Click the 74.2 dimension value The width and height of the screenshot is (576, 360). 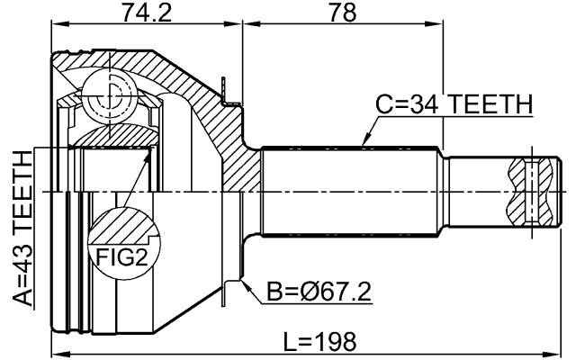(x=147, y=13)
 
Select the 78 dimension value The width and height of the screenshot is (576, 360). (x=343, y=13)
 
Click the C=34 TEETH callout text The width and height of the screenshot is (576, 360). (x=454, y=105)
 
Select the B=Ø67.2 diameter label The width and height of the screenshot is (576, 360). (x=319, y=292)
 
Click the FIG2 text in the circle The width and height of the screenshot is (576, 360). (x=121, y=260)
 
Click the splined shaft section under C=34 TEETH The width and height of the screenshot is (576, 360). (x=351, y=192)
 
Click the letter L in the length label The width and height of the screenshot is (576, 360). (x=289, y=341)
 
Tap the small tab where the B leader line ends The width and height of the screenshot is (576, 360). (x=235, y=286)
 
